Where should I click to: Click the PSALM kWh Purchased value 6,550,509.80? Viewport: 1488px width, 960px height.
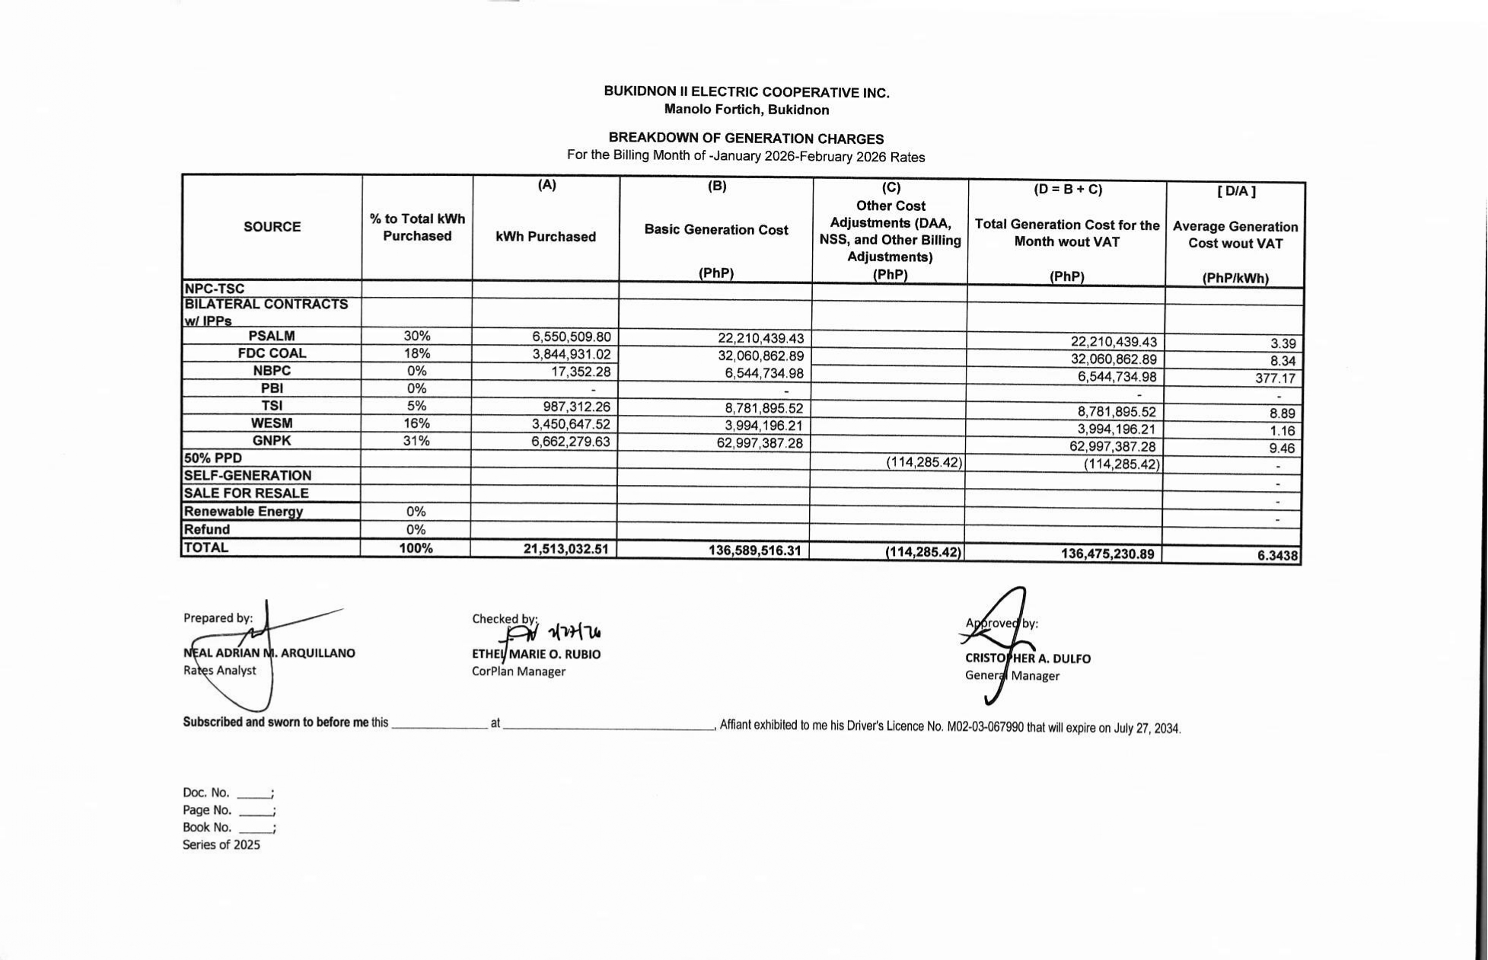pyautogui.click(x=571, y=336)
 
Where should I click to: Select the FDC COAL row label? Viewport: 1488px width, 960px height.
pyautogui.click(x=272, y=353)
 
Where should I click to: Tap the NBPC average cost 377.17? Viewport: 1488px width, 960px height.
pyautogui.click(x=1275, y=378)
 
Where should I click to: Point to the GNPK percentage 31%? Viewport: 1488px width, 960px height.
pyautogui.click(x=416, y=441)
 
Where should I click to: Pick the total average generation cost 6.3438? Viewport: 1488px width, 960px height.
pyautogui.click(x=1277, y=556)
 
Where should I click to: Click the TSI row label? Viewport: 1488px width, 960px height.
pyautogui.click(x=272, y=406)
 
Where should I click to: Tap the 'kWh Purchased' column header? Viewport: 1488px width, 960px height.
pyautogui.click(x=546, y=237)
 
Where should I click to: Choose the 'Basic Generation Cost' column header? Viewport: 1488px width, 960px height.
pyautogui.click(x=716, y=230)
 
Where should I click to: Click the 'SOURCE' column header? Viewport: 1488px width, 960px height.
pyautogui.click(x=272, y=227)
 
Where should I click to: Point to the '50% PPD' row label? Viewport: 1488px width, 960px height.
pyautogui.click(x=213, y=458)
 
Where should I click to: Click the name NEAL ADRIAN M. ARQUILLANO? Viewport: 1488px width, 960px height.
pyautogui.click(x=269, y=653)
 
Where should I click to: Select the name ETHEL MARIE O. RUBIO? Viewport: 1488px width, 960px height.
pyautogui.click(x=536, y=655)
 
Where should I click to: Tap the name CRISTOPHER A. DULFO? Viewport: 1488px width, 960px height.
pyautogui.click(x=1028, y=659)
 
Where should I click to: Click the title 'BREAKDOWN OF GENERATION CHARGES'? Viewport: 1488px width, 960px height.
pyautogui.click(x=746, y=139)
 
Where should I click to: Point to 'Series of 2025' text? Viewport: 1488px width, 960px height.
pyautogui.click(x=221, y=845)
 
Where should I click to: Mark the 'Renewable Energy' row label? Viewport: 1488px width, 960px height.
pyautogui.click(x=244, y=512)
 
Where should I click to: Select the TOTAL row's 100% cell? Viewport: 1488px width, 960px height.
pyautogui.click(x=416, y=548)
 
